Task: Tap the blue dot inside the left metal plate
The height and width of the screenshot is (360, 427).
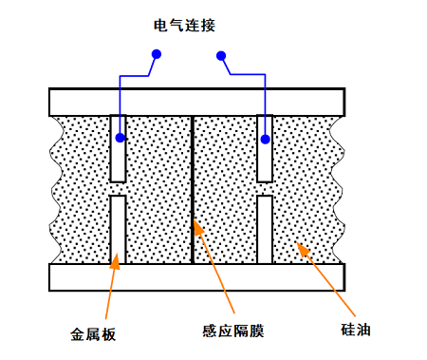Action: tap(120, 139)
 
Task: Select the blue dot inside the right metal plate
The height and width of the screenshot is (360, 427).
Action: tap(266, 140)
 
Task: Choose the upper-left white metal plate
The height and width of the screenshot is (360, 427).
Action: tap(118, 148)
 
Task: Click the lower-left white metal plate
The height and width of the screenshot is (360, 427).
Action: tap(118, 230)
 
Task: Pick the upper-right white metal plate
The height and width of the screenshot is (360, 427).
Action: tap(265, 148)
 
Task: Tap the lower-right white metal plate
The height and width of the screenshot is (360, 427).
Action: tap(265, 230)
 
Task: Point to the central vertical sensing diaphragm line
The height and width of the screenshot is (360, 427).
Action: tap(193, 190)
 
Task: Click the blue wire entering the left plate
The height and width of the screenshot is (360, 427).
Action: tap(120, 95)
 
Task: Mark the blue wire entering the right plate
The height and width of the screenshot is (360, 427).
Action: tap(266, 95)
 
